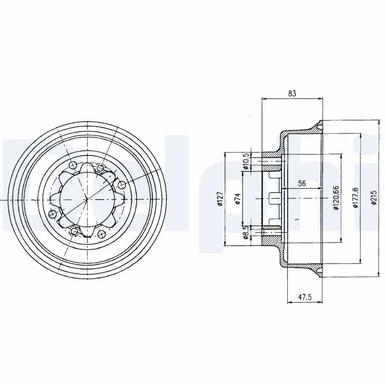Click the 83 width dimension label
[292, 93]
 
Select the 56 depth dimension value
[302, 183]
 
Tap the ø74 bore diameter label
[237, 199]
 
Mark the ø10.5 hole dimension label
[245, 161]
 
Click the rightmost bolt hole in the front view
[121, 184]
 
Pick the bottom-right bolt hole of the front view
[101, 234]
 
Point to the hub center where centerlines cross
[87, 199]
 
